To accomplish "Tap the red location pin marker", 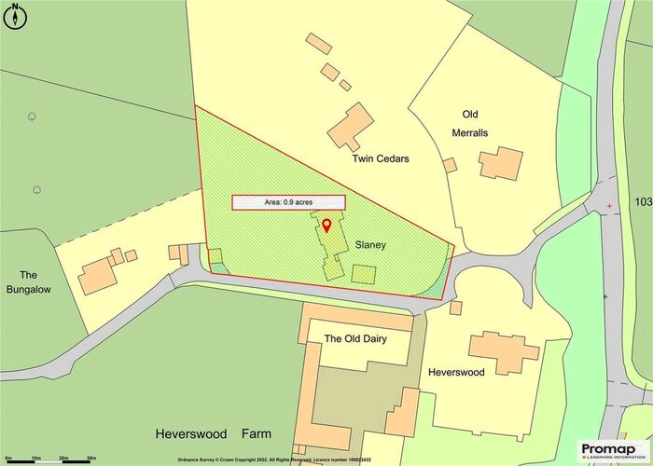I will pos(326,225).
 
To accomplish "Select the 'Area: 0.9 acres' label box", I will pos(288,202).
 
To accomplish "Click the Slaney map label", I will pos(370,246).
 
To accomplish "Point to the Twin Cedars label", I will pos(381,158).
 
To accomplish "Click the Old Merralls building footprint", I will pos(501,162).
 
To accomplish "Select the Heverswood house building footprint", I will pos(504,352).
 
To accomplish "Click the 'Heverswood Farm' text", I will pos(214,434).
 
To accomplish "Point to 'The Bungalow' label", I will pos(28,282).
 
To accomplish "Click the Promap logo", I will pos(611,450).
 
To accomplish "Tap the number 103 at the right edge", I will pos(643,202).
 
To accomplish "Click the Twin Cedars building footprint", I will pos(351,127).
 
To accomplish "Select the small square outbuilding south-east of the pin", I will pos(364,275).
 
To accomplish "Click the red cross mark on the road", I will pos(609,205).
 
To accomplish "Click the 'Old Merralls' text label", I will pos(475,123).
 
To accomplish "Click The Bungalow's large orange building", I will pos(99,276).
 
